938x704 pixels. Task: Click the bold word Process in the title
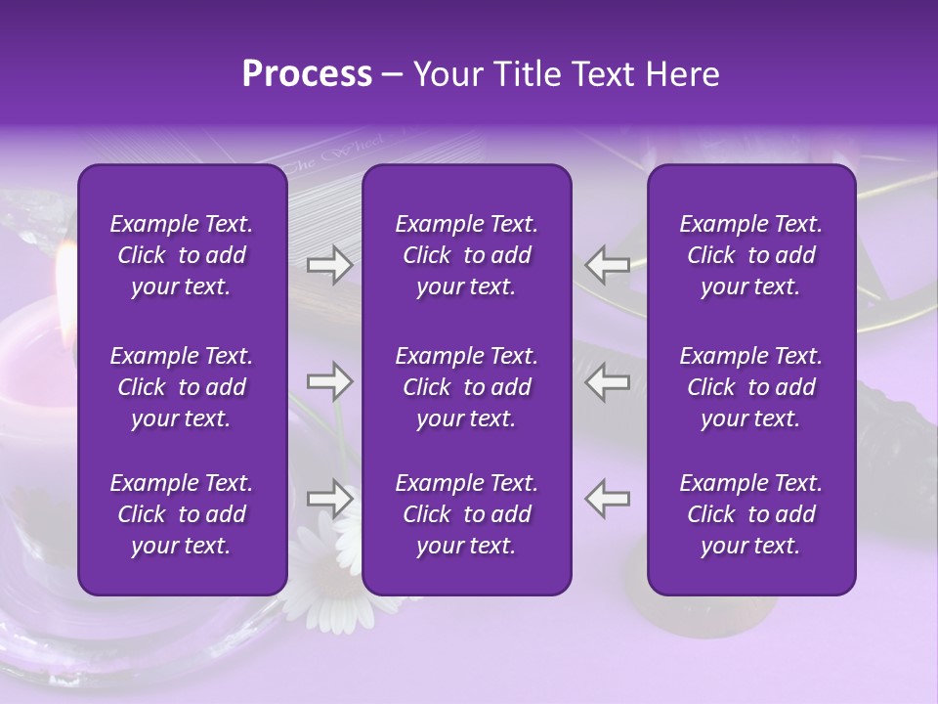pos(307,74)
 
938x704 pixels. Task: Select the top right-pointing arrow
pos(329,264)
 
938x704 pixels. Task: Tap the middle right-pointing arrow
pos(329,381)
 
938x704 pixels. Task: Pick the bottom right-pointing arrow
pos(329,499)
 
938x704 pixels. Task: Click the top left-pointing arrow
pos(608,264)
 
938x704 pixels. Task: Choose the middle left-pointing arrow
pos(608,381)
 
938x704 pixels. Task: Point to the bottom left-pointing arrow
pos(608,499)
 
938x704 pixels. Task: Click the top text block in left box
pos(182,255)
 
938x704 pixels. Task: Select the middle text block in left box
pos(182,387)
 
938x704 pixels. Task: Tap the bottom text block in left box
pos(182,514)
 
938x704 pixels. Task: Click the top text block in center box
pos(466,255)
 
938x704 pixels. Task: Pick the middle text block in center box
pos(466,387)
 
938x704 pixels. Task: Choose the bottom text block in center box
pos(466,514)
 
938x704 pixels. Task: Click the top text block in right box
pos(750,255)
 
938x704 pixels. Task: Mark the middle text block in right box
pos(750,387)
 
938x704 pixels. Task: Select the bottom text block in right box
pos(750,514)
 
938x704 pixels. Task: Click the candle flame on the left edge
pos(64,269)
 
